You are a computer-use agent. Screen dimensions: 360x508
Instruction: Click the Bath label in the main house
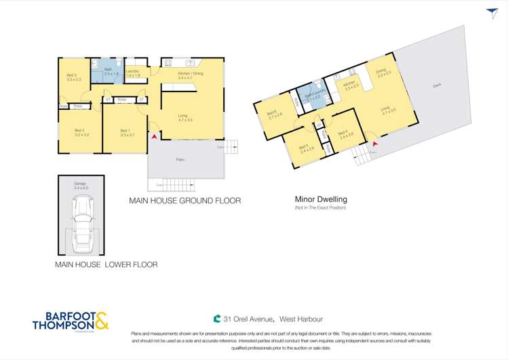coord(107,71)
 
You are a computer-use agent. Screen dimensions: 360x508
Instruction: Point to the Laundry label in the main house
coord(133,73)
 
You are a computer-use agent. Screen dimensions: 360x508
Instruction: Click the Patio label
coord(180,160)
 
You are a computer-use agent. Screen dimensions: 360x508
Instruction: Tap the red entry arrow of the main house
coord(155,137)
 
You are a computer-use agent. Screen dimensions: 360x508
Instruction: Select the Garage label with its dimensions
coord(81,185)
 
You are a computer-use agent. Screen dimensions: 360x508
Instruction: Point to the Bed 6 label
coord(275,115)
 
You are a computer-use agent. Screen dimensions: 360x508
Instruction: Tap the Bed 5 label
coord(307,148)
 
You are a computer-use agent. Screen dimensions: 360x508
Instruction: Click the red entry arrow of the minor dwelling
coord(374,144)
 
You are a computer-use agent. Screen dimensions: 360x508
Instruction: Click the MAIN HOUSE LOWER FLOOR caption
coord(106,264)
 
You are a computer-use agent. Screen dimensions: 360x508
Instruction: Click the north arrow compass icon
coord(492,13)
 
